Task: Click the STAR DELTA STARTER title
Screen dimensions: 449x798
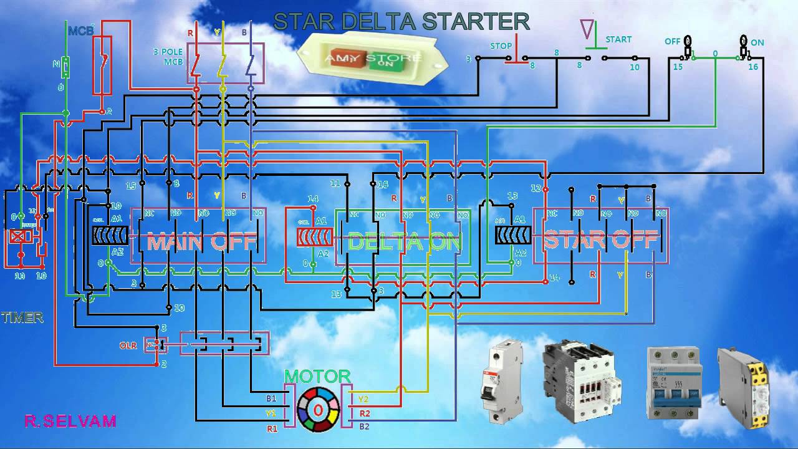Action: (401, 22)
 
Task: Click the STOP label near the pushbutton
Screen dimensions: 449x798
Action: (501, 46)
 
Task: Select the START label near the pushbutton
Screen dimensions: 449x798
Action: (618, 39)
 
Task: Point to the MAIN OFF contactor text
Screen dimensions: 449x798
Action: (198, 241)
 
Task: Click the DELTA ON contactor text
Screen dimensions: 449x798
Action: (405, 241)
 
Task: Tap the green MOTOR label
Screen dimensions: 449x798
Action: (317, 376)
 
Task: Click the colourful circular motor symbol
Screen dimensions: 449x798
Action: (318, 409)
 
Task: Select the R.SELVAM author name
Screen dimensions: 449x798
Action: (70, 422)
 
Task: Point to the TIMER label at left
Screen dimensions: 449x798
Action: (22, 317)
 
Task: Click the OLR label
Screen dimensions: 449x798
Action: (128, 345)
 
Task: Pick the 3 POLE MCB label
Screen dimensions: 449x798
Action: (168, 57)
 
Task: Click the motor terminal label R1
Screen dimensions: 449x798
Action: (272, 428)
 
